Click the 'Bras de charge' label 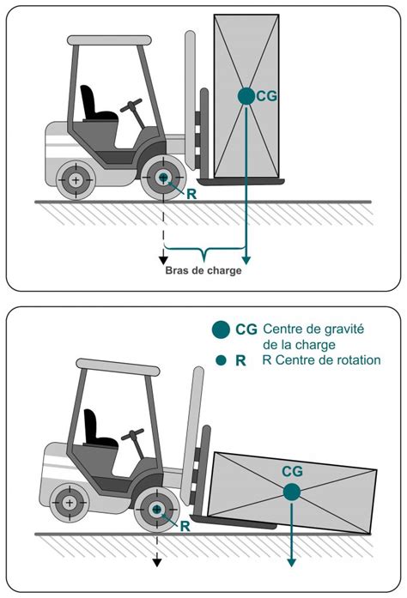click(203, 270)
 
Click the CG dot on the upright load click(246, 96)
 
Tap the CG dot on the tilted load click(292, 492)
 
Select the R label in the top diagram click(191, 194)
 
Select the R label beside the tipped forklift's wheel click(185, 526)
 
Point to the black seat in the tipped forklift click(100, 428)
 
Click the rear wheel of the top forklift click(76, 180)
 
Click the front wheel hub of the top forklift click(163, 177)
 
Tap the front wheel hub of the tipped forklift click(157, 509)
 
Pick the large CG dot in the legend click(221, 329)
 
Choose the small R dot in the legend click(221, 360)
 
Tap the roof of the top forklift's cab click(109, 40)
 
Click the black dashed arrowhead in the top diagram click(163, 260)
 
